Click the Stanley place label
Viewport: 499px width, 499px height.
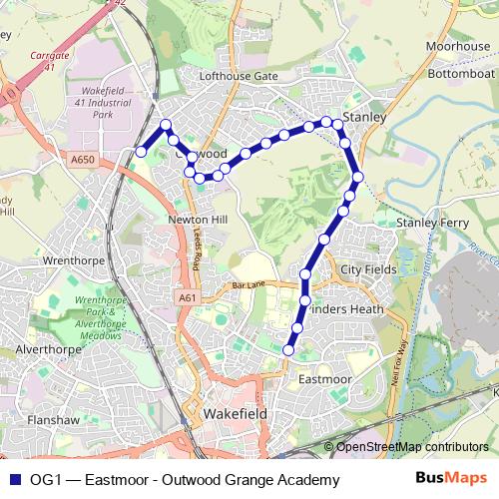[363, 117]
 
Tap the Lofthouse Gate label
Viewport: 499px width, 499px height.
[238, 76]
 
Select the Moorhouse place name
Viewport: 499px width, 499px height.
[457, 47]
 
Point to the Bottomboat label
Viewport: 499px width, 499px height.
[460, 74]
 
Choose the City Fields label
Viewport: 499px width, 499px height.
[367, 269]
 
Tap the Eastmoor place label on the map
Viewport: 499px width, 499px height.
[324, 379]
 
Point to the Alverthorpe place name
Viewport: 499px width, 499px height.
[47, 350]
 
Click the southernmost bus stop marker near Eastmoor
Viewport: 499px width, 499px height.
[289, 349]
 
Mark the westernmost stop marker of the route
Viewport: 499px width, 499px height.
[141, 152]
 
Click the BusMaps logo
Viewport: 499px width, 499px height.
[445, 479]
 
